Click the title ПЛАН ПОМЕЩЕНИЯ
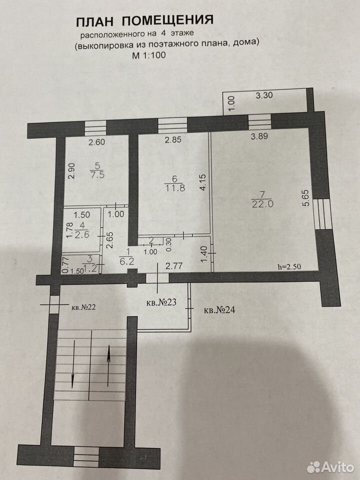coord(144,21)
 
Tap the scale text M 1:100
coord(149,55)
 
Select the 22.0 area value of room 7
coord(262,203)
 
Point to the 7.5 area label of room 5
coord(97,175)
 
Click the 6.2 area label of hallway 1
coord(127,261)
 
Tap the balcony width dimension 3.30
coord(264,95)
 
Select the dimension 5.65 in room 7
coord(307,199)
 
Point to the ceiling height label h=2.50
coord(289,266)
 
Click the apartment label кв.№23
coord(161,302)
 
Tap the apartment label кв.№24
coord(219,310)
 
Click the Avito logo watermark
coord(330,467)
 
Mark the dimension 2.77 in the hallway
coord(174,265)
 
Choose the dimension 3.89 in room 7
coord(259,136)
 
